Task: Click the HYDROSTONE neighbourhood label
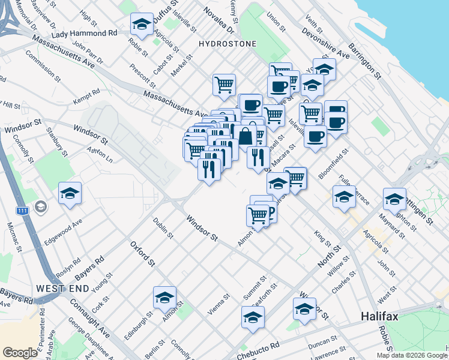(x=228, y=44)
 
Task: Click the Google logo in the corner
(x=20, y=353)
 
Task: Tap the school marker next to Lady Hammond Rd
(x=142, y=25)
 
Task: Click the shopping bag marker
(x=246, y=136)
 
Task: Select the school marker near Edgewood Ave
(x=70, y=194)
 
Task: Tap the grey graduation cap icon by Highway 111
(x=41, y=208)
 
